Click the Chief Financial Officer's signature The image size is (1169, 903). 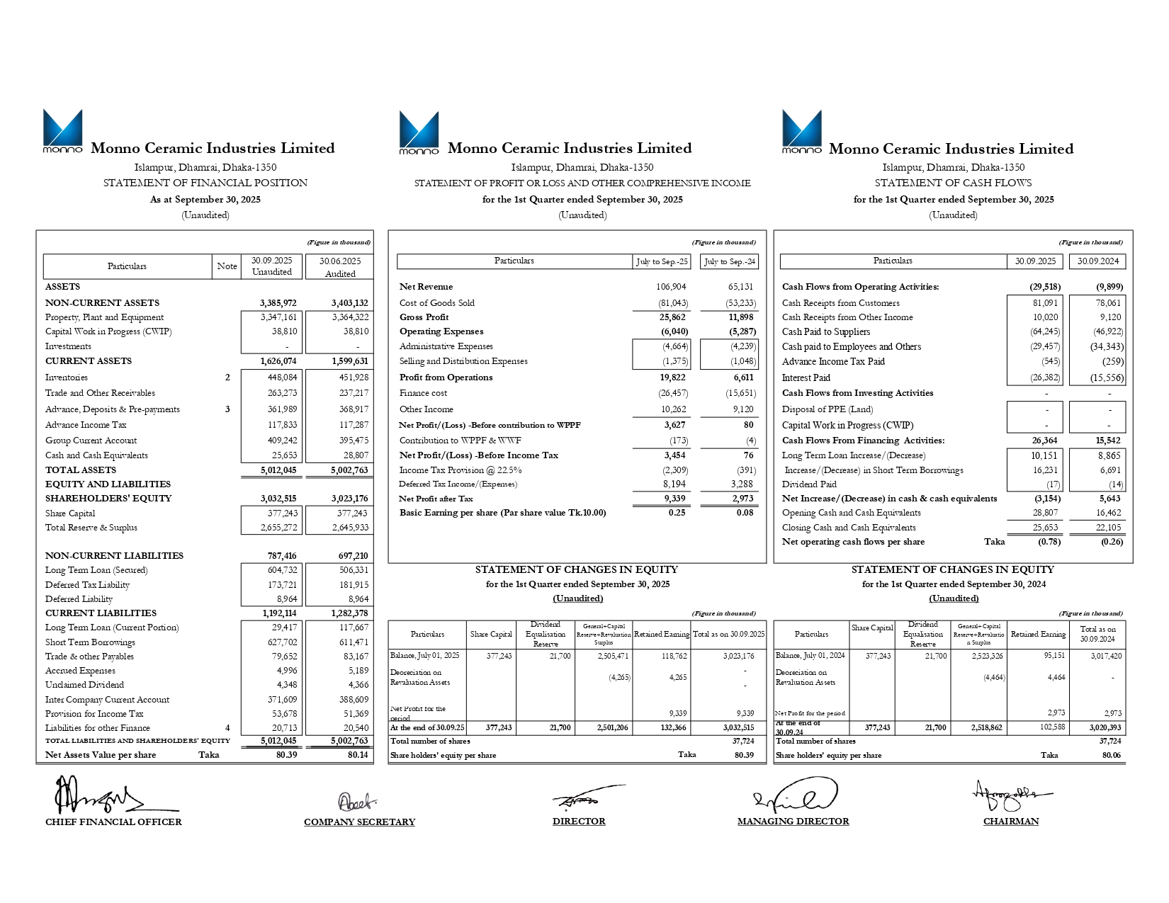(99, 796)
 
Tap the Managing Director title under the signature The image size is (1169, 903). (793, 822)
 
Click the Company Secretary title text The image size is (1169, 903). (359, 822)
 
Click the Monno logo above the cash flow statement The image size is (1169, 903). (801, 131)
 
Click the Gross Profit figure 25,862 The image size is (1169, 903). (672, 317)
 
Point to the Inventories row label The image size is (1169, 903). (67, 377)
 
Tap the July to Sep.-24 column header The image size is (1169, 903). (729, 261)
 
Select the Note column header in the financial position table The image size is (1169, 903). (227, 266)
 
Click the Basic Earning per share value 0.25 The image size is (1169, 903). (677, 513)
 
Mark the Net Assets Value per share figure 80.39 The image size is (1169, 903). (286, 755)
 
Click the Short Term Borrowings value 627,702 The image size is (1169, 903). (283, 642)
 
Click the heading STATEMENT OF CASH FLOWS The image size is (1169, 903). (953, 183)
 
